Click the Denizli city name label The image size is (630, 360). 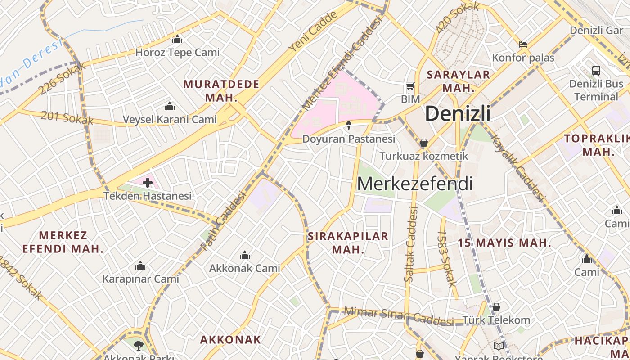pos(458,113)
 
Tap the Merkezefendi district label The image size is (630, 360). pos(414,184)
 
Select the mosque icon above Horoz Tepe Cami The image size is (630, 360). pos(177,40)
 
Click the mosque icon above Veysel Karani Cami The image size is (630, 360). pos(170,107)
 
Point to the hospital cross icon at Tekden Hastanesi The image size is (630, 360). pos(148,183)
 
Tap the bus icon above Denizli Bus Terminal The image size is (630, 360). pos(596,71)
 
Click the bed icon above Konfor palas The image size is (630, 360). pos(522,45)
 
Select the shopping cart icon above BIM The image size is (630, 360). pos(410,86)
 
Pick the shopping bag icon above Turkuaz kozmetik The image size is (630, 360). pos(423,143)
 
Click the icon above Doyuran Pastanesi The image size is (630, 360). pos(348,126)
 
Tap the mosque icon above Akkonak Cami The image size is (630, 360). pos(245,255)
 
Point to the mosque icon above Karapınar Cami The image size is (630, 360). pos(140,265)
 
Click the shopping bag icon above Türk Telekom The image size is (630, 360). pos(496,307)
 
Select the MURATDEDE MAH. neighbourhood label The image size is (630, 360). pos(221,90)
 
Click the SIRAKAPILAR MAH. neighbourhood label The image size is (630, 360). pos(348,243)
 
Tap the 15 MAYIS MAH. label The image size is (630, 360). pos(504,243)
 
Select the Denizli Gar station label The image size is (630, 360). pos(596,30)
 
